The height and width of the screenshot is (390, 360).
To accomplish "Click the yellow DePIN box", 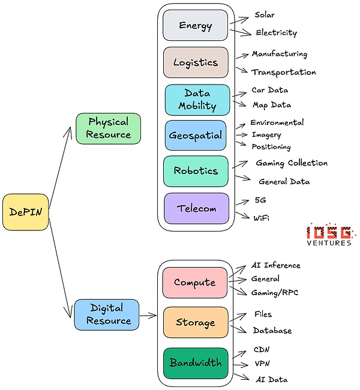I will [25, 212].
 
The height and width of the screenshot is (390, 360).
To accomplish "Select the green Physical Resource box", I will [108, 128].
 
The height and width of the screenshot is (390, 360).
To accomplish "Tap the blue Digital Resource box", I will [107, 314].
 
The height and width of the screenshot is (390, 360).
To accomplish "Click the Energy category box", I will [195, 26].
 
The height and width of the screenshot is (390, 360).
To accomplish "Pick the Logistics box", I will [196, 62].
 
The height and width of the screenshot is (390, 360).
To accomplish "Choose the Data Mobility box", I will [197, 100].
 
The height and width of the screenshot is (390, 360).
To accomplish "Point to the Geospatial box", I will [196, 135].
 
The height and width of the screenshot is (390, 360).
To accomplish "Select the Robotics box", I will [196, 170].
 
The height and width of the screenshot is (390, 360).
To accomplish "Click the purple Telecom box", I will [196, 208].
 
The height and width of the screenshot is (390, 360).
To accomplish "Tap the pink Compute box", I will [195, 282].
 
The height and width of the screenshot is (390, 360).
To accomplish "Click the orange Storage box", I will [195, 322].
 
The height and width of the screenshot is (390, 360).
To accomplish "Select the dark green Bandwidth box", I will [195, 363].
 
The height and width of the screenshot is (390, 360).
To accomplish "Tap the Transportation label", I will [283, 72].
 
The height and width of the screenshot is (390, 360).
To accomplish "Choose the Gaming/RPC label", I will [274, 292].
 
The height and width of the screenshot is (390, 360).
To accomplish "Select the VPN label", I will [262, 364].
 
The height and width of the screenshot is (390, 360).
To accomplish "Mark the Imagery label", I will [266, 135].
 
